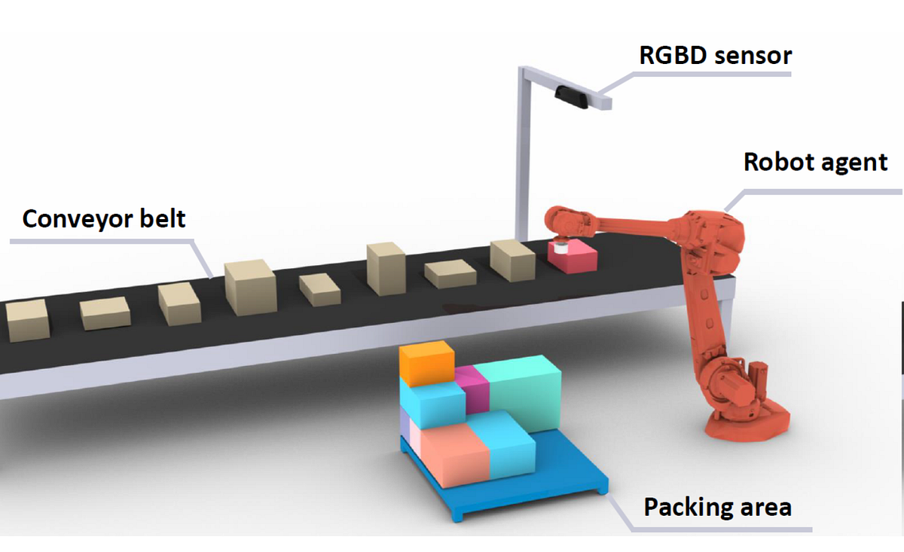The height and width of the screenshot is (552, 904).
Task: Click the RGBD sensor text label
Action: [x=715, y=56]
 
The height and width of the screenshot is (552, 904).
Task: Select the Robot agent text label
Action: [x=815, y=162]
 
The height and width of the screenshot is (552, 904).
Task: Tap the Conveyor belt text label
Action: [x=104, y=219]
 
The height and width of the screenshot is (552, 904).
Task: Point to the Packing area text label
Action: [x=717, y=507]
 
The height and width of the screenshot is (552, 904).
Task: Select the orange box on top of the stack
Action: [x=426, y=362]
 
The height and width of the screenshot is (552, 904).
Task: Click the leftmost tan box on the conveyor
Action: [x=26, y=320]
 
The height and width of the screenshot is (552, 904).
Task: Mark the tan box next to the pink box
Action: [x=512, y=261]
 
